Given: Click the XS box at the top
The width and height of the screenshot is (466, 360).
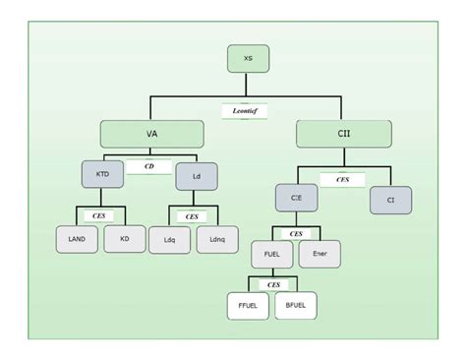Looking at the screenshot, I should tap(248, 59).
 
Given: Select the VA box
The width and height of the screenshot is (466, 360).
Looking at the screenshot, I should tap(150, 135).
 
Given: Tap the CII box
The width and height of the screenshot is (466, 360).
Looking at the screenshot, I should tap(343, 135).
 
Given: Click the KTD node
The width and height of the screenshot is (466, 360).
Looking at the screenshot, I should tap(103, 174).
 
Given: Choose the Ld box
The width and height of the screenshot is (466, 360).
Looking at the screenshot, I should tap(196, 177).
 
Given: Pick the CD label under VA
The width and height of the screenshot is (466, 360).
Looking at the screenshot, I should tap(149, 166).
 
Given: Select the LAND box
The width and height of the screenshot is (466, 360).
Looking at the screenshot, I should tap(77, 239).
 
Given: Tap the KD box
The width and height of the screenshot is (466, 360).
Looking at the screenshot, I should tap(124, 238).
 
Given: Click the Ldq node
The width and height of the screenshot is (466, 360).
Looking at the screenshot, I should tap(169, 240).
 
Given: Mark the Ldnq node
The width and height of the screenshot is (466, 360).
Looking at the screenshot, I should tap(216, 240).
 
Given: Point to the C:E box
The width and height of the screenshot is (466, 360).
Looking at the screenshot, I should tap(296, 198).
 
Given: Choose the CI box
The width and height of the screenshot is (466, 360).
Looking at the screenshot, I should tap(390, 200).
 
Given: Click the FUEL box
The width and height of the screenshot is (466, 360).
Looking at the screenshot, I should tap(272, 253).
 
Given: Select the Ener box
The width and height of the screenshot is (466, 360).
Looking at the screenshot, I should tap(320, 253).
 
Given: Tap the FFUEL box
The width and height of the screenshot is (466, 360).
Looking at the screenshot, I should tap(249, 305).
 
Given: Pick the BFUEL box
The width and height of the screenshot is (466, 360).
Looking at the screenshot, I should tap(296, 305).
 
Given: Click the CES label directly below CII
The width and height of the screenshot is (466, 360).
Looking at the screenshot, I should tap(342, 180).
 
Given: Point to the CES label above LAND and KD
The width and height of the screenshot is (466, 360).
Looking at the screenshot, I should tap(99, 214).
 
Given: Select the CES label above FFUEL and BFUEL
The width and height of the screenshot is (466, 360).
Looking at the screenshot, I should tap(273, 284).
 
